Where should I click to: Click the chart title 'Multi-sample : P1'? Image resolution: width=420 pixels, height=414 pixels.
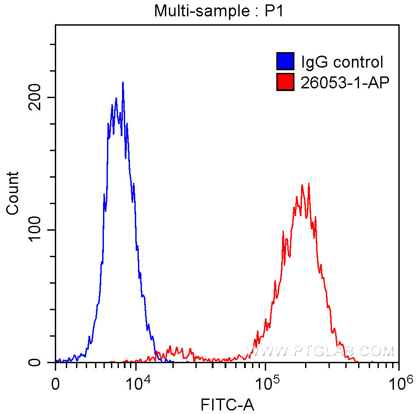218,11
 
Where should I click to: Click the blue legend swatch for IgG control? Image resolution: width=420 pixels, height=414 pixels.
285,62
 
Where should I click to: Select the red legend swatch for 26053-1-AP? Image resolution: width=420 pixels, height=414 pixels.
285,82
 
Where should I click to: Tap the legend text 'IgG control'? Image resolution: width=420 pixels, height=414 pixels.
342,62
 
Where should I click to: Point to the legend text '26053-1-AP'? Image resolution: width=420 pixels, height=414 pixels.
345,82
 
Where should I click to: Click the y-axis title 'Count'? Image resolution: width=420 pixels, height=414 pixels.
13,194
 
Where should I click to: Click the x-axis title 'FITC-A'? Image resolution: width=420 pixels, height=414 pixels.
227,404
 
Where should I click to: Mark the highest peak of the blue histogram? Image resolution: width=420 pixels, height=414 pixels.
123,83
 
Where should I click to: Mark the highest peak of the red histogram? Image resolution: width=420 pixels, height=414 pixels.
308,184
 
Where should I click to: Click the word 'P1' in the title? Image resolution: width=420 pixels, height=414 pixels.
274,11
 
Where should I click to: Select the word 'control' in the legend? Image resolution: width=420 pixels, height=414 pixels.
358,62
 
